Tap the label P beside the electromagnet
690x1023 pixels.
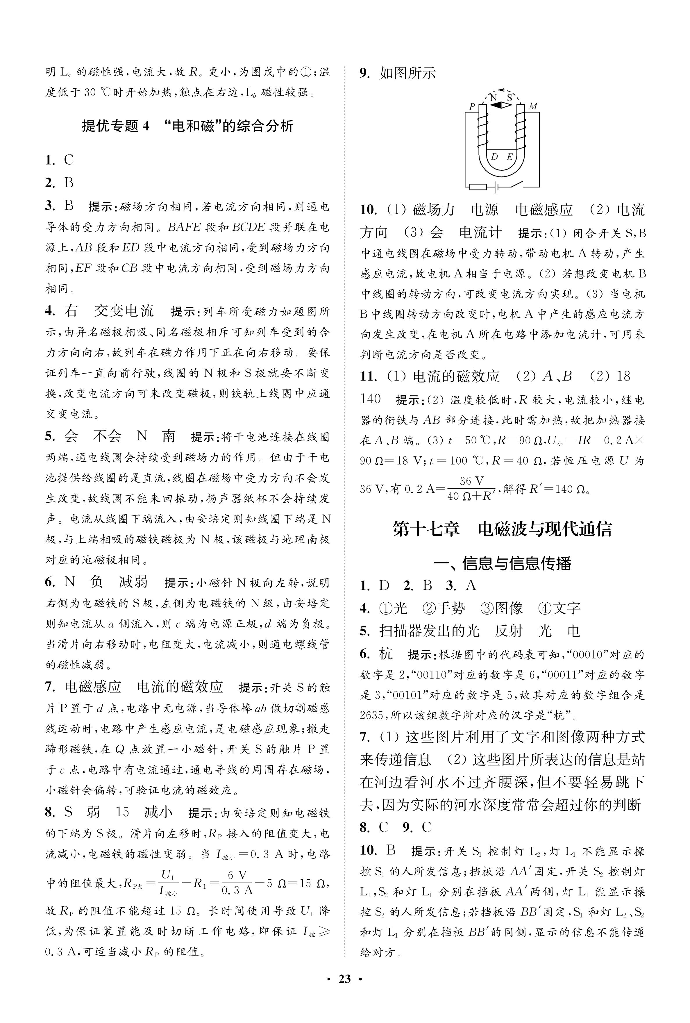[472, 106]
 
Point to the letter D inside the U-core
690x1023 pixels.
[494, 157]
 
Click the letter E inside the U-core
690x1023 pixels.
[510, 157]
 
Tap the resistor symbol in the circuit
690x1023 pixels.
[478, 187]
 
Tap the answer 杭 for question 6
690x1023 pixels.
[385, 654]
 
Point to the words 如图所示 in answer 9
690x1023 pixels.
[407, 73]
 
